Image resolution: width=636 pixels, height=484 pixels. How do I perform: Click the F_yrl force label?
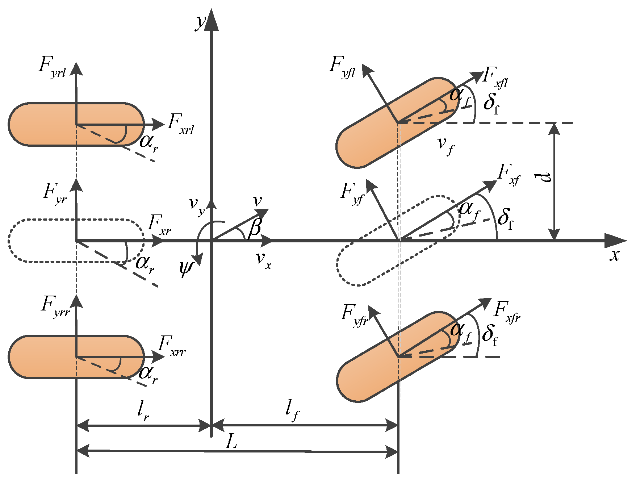click(x=52, y=67)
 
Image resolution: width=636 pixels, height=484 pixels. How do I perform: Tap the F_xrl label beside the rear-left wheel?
click(x=181, y=124)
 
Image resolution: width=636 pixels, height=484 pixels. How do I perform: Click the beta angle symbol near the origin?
click(x=255, y=228)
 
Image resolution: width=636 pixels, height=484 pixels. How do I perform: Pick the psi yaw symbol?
click(x=185, y=269)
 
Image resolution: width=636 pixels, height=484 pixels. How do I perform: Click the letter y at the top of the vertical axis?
click(x=200, y=22)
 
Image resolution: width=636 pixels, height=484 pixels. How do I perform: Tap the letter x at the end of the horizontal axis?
click(x=614, y=255)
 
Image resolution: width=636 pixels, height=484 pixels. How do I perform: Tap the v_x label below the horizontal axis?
click(x=263, y=260)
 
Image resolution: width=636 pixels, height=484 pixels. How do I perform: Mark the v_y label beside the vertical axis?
click(x=197, y=205)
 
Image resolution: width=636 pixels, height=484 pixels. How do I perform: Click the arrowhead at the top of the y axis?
click(x=211, y=20)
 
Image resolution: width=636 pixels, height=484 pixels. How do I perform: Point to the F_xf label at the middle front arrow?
click(x=509, y=174)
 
